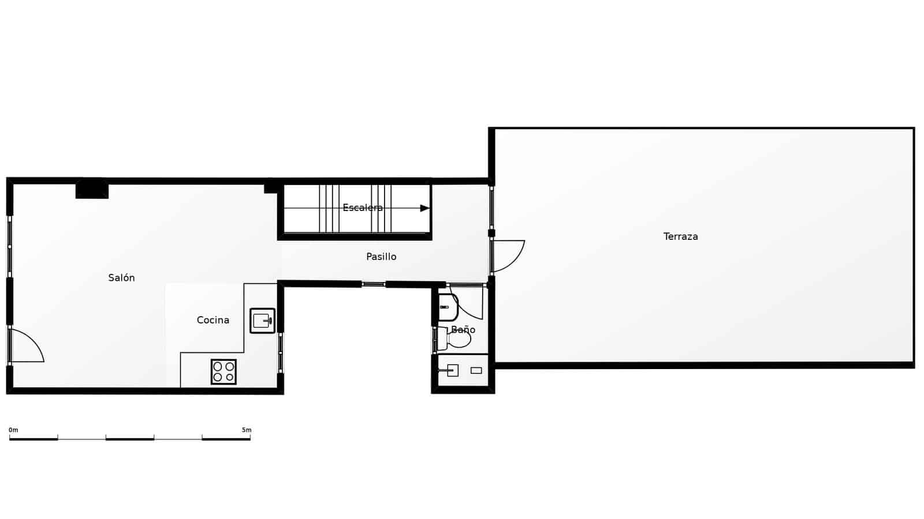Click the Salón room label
121,278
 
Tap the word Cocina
213,320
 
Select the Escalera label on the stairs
362,208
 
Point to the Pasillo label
381,257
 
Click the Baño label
463,330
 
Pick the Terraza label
680,236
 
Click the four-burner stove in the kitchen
223,371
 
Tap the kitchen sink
262,321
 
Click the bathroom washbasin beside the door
448,307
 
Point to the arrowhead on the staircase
424,208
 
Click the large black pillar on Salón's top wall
92,190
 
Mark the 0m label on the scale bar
13,430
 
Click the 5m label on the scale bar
247,430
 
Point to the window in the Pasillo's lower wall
373,284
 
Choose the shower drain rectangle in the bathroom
476,371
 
